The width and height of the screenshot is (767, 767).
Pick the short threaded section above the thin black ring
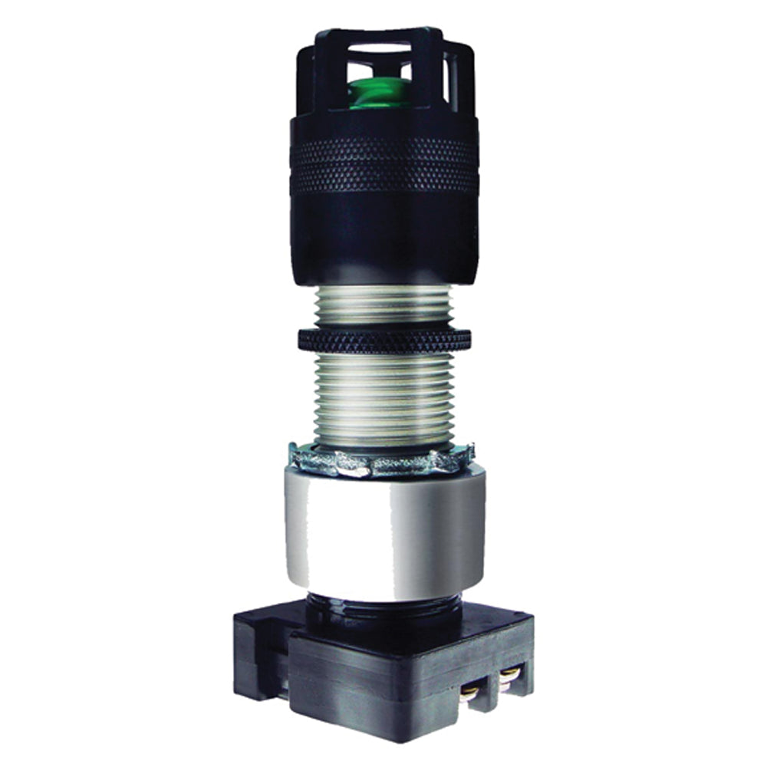point(383,307)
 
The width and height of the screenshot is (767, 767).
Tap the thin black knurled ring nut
point(383,339)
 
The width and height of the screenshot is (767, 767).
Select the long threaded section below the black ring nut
point(383,399)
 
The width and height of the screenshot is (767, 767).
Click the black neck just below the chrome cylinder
point(383,606)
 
